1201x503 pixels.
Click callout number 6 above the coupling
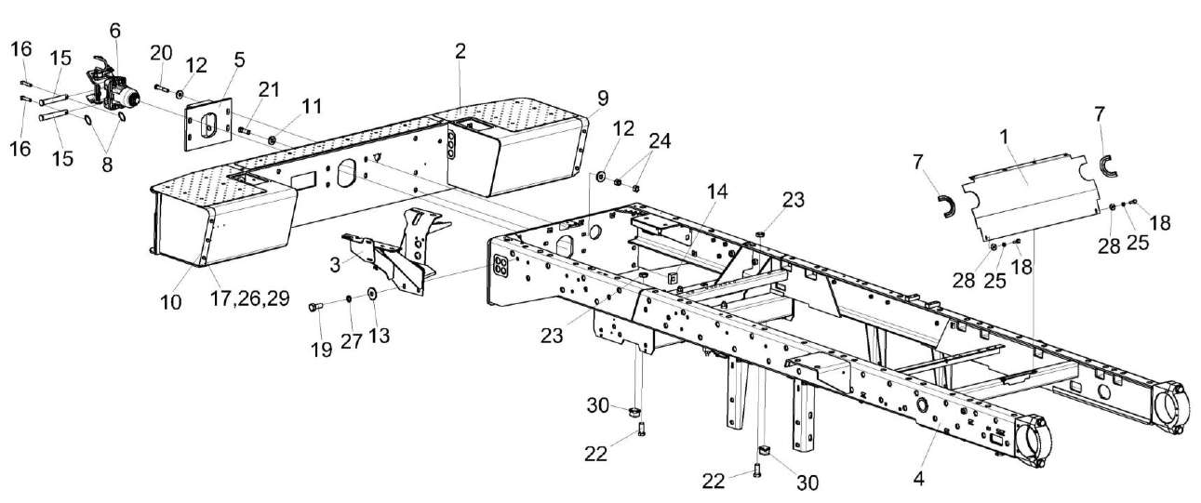114,30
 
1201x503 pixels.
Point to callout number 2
460,50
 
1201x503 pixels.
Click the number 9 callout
603,97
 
